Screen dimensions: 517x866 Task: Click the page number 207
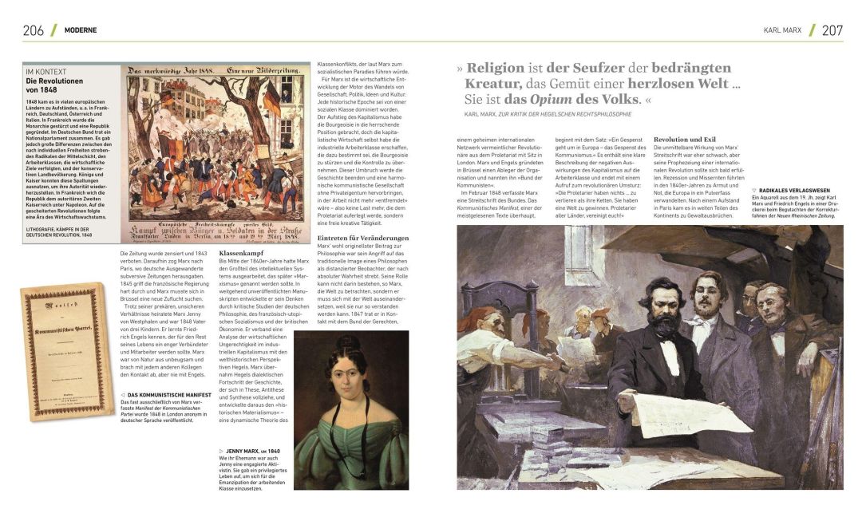pos(832,30)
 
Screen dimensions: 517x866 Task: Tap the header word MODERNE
pos(81,30)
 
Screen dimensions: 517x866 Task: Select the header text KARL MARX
pos(781,30)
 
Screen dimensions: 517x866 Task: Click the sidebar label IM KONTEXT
pos(45,72)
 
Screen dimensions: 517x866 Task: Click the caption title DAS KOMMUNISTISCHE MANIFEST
pos(168,395)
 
